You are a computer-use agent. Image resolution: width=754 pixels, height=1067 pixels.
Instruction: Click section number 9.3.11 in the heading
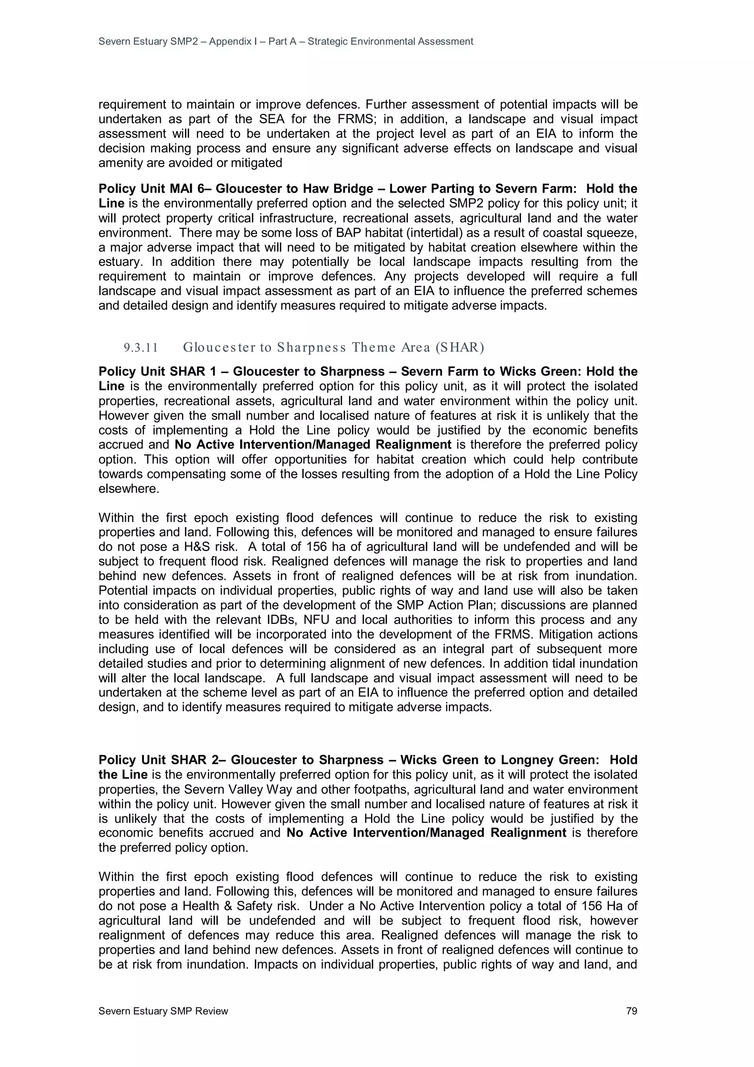141,348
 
